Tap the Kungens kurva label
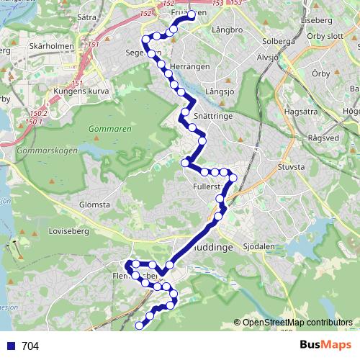click(x=81, y=91)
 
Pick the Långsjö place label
click(x=220, y=91)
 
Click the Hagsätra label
click(x=302, y=112)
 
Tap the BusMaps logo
click(x=325, y=345)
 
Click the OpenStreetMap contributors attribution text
click(x=297, y=322)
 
